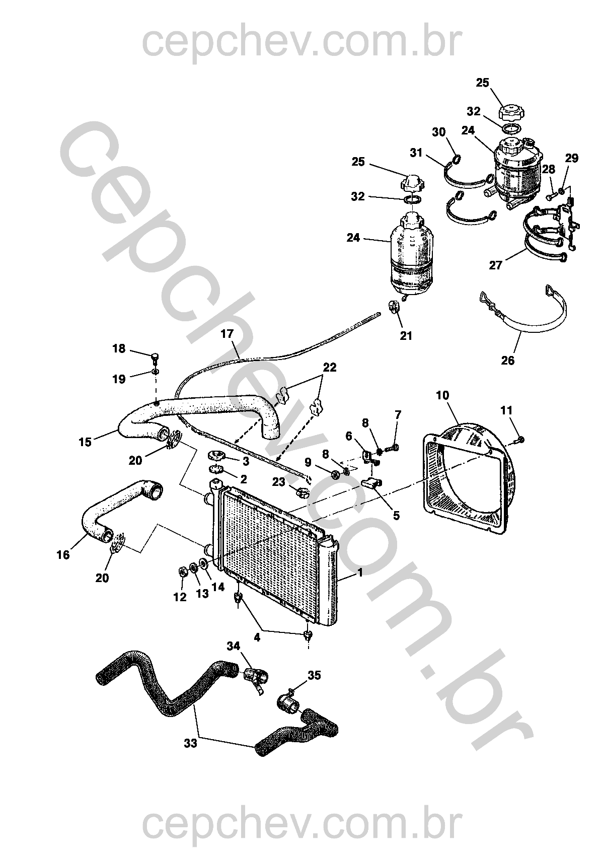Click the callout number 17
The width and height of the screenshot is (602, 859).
pyautogui.click(x=227, y=333)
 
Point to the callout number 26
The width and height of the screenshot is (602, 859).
pyautogui.click(x=508, y=361)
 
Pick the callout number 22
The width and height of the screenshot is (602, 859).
pyautogui.click(x=329, y=368)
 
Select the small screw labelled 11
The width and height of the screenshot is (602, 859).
pyautogui.click(x=519, y=440)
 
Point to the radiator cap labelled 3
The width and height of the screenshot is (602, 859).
pyautogui.click(x=217, y=457)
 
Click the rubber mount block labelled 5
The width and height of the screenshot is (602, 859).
pyautogui.click(x=370, y=484)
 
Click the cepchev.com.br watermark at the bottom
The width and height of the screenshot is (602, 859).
pyautogui.click(x=301, y=826)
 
